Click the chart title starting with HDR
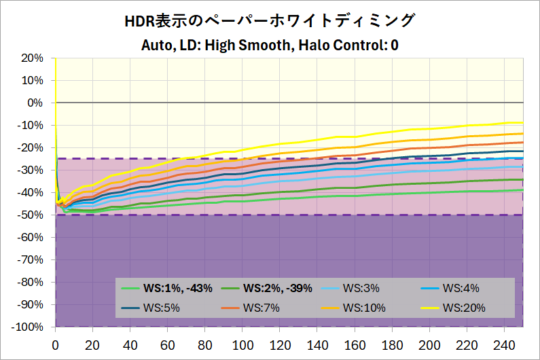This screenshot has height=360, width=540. (x=270, y=21)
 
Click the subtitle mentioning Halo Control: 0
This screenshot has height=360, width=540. (x=270, y=46)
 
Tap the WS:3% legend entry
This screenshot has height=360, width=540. (x=361, y=288)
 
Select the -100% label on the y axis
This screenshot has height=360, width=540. (x=28, y=327)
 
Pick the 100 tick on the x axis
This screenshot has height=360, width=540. (x=242, y=344)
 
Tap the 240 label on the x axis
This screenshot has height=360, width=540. (x=505, y=344)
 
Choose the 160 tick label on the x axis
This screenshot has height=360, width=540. (x=355, y=344)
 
